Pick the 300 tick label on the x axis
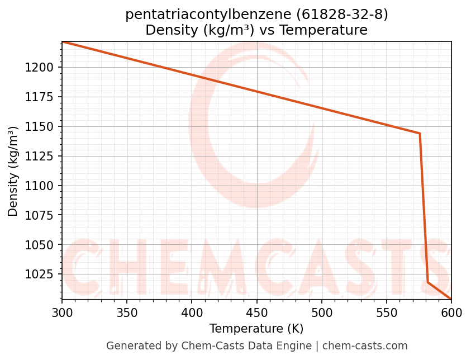(x=61, y=312)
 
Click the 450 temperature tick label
(x=256, y=312)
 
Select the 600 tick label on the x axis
(x=451, y=312)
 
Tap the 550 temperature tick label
(x=386, y=312)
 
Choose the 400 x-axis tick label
(x=192, y=312)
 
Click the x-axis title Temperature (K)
(x=256, y=329)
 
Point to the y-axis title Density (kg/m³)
(x=13, y=171)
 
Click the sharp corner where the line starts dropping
(x=420, y=134)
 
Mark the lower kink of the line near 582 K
(x=428, y=282)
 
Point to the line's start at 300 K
(x=62, y=41)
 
